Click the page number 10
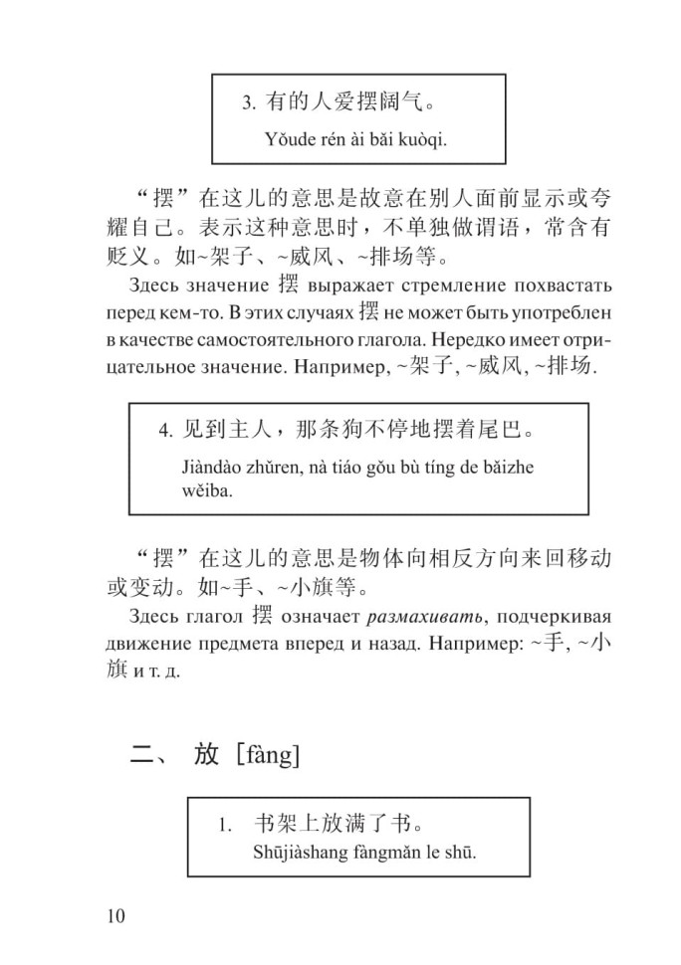(x=117, y=916)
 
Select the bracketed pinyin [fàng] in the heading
(x=267, y=756)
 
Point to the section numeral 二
(x=139, y=756)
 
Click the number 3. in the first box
(x=251, y=101)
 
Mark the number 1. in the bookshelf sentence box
(x=227, y=826)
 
